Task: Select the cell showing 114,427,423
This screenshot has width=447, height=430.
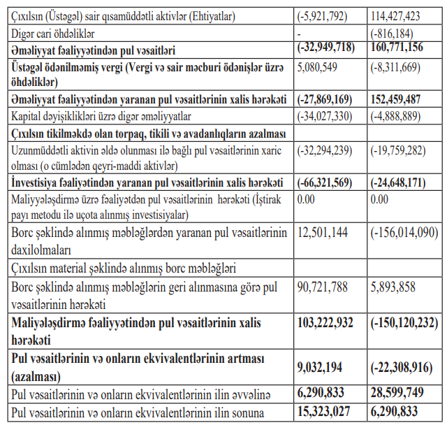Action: pos(399,16)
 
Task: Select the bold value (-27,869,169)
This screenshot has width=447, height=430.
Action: pos(325,100)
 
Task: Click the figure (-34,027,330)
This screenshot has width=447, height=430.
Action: pos(325,116)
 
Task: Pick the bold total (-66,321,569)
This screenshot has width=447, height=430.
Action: pos(325,182)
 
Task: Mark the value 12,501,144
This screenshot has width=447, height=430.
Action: pos(323,232)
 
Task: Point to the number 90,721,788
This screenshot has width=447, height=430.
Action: pos(323,287)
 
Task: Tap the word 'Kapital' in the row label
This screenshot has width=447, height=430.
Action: pos(29,116)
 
